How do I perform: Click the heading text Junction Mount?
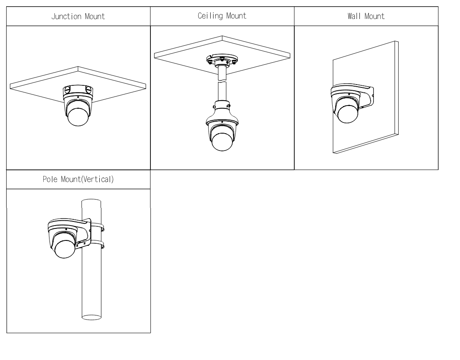[x=78, y=17]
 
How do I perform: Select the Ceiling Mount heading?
[x=222, y=16]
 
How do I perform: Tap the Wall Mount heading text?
[x=366, y=17]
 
